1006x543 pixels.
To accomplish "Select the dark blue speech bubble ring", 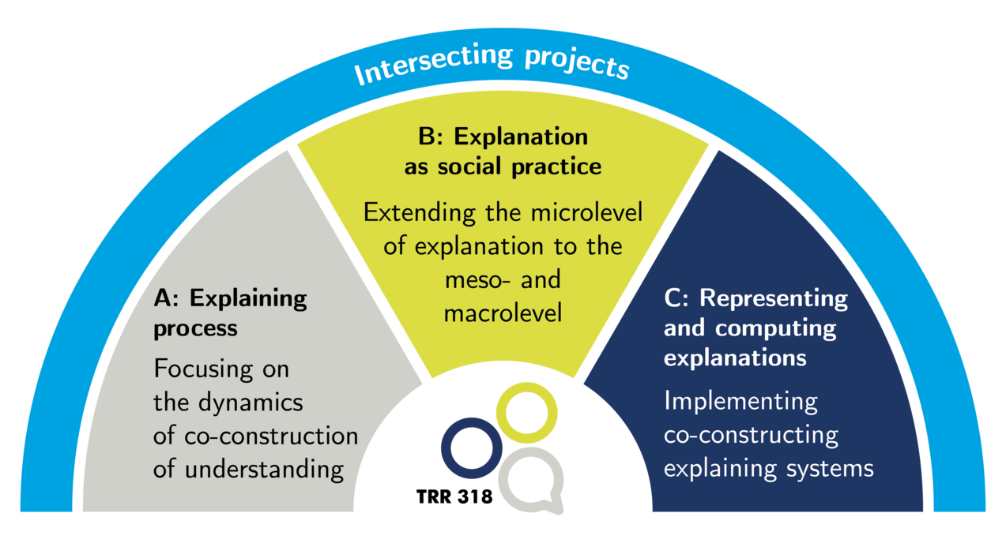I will click(x=471, y=448).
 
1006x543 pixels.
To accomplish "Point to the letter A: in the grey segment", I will click(x=168, y=298).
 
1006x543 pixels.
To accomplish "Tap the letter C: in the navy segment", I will click(x=677, y=298).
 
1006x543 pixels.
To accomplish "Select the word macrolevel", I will click(x=503, y=313).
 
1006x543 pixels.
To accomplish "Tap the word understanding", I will click(x=264, y=470).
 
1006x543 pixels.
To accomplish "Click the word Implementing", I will click(x=740, y=401).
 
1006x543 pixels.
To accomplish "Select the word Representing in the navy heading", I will click(x=774, y=298).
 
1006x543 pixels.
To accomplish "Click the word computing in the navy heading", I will click(x=763, y=328).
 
